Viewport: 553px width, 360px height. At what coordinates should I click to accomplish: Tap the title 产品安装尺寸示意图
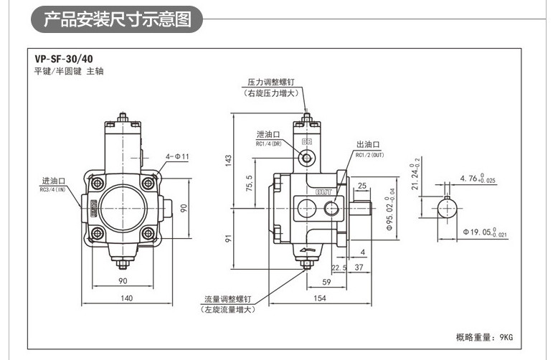(x=117, y=19)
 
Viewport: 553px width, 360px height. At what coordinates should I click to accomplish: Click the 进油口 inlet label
(x=54, y=181)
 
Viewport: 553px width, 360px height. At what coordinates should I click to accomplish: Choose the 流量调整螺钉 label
(x=227, y=298)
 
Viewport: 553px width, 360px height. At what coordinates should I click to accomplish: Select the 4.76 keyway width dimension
(x=478, y=178)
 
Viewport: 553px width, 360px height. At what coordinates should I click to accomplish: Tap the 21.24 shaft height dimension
(x=412, y=177)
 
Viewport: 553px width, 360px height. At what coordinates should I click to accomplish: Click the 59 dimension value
(x=326, y=282)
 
